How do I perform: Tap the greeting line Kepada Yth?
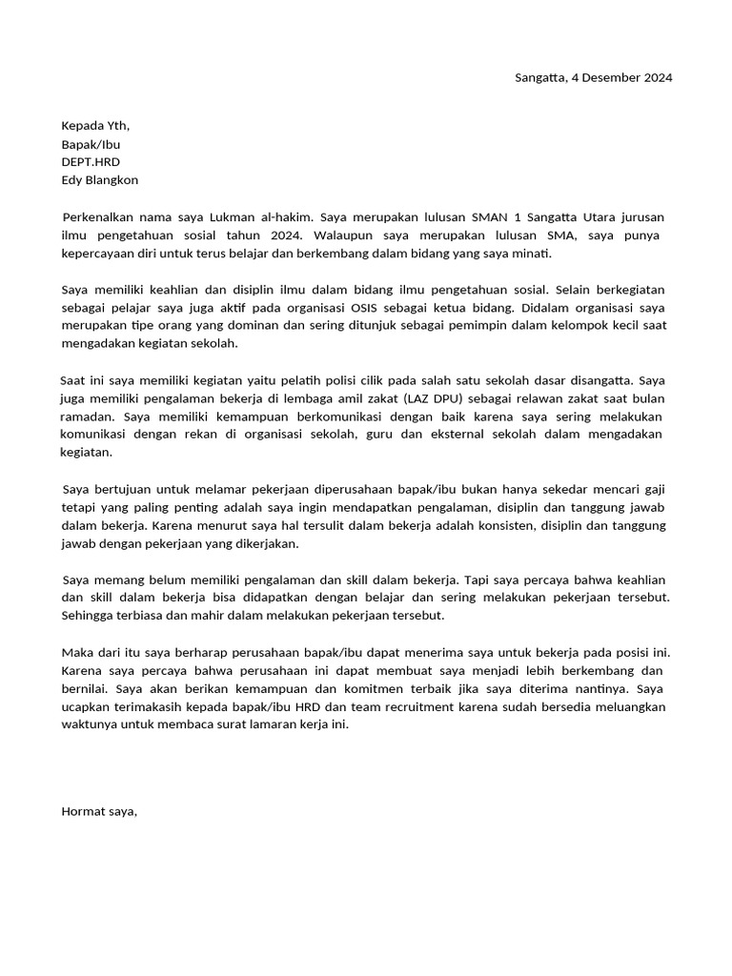tap(95, 126)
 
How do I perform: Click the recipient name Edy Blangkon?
tap(99, 180)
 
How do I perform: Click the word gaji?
tap(653, 489)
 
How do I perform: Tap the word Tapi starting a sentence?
tap(478, 579)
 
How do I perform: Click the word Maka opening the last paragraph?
tap(77, 652)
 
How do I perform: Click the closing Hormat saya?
tap(99, 811)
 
